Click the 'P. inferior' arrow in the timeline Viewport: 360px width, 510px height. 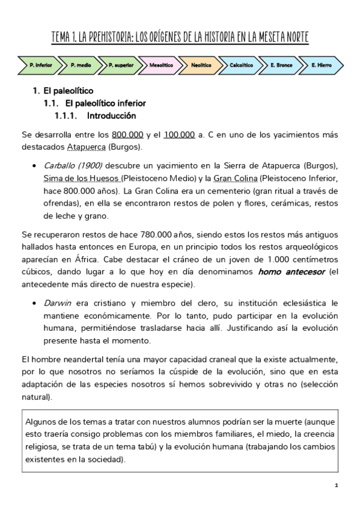pyautogui.click(x=37, y=64)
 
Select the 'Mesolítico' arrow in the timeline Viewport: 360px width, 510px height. pyautogui.click(x=161, y=64)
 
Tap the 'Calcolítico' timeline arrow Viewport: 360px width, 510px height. pyautogui.click(x=241, y=64)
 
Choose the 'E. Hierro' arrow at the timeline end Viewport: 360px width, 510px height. pyautogui.click(x=322, y=64)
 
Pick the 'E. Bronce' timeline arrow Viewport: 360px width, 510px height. pyautogui.click(x=281, y=64)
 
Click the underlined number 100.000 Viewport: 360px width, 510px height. pyautogui.click(x=178, y=135)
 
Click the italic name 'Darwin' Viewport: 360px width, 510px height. pyautogui.click(x=58, y=303)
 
